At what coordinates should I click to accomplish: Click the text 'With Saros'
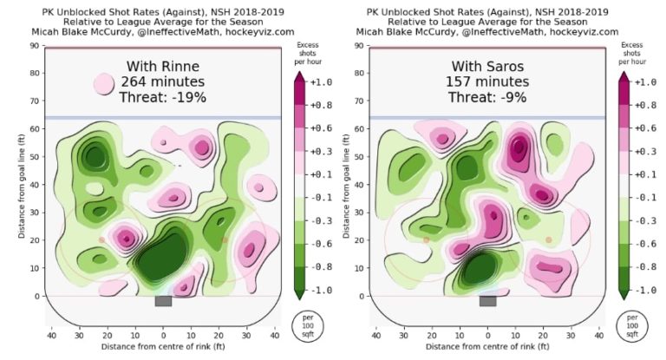[x=489, y=67]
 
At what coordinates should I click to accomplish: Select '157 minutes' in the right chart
[x=489, y=82]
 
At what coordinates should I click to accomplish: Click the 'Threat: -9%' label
[x=489, y=98]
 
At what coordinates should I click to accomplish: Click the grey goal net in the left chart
[x=163, y=301]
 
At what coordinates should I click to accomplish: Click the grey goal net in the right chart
[x=487, y=301]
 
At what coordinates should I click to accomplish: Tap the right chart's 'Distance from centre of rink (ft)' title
[x=488, y=348]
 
